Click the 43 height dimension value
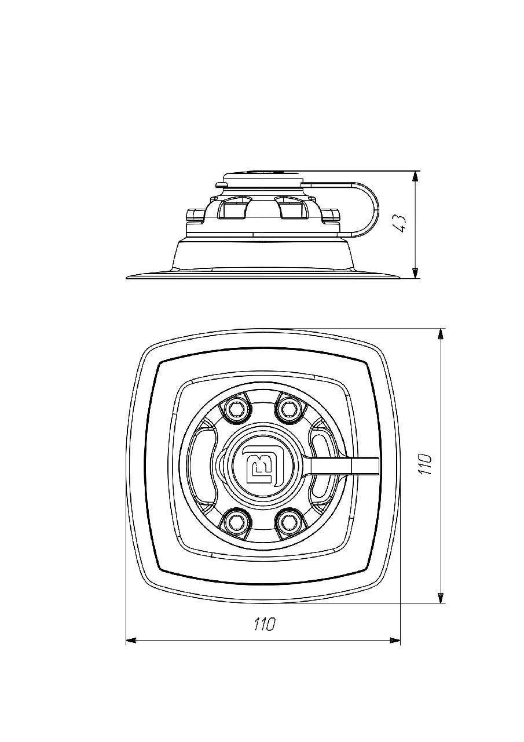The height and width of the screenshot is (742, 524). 400,224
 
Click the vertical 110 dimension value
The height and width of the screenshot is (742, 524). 426,464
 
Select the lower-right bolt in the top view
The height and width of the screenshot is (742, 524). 287,522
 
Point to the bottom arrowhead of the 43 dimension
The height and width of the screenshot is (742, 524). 416,273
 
